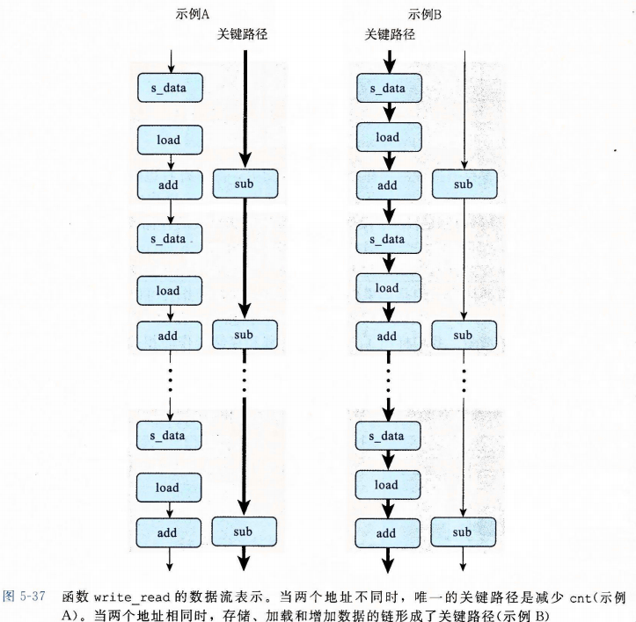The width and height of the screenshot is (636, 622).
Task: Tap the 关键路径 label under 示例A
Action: point(242,34)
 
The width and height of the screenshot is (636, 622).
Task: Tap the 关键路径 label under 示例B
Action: point(390,34)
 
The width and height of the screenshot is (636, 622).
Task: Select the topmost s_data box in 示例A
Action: point(170,87)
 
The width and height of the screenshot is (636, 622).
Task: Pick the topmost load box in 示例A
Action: point(170,137)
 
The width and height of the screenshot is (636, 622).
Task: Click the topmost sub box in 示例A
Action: point(245,184)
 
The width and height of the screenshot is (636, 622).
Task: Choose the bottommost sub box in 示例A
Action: point(244,531)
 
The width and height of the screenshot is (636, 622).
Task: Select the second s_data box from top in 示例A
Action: point(170,238)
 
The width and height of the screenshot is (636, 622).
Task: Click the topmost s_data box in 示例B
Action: point(387,87)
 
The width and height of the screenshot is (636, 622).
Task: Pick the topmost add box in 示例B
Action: point(387,185)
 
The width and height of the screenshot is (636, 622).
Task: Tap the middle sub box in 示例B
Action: point(463,335)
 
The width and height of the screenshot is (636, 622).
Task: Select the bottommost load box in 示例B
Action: point(387,484)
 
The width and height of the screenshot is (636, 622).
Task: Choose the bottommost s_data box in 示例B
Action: point(387,436)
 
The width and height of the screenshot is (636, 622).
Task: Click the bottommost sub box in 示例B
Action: point(463,532)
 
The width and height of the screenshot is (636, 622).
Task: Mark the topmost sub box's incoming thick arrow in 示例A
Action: point(245,114)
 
